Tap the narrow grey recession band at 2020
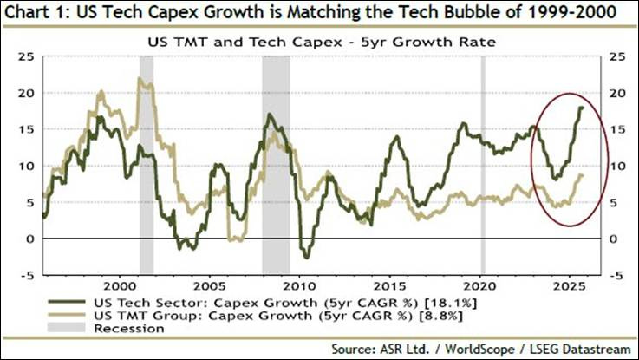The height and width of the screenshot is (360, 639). tap(483, 165)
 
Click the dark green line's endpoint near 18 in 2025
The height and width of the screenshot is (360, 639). tap(581, 108)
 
